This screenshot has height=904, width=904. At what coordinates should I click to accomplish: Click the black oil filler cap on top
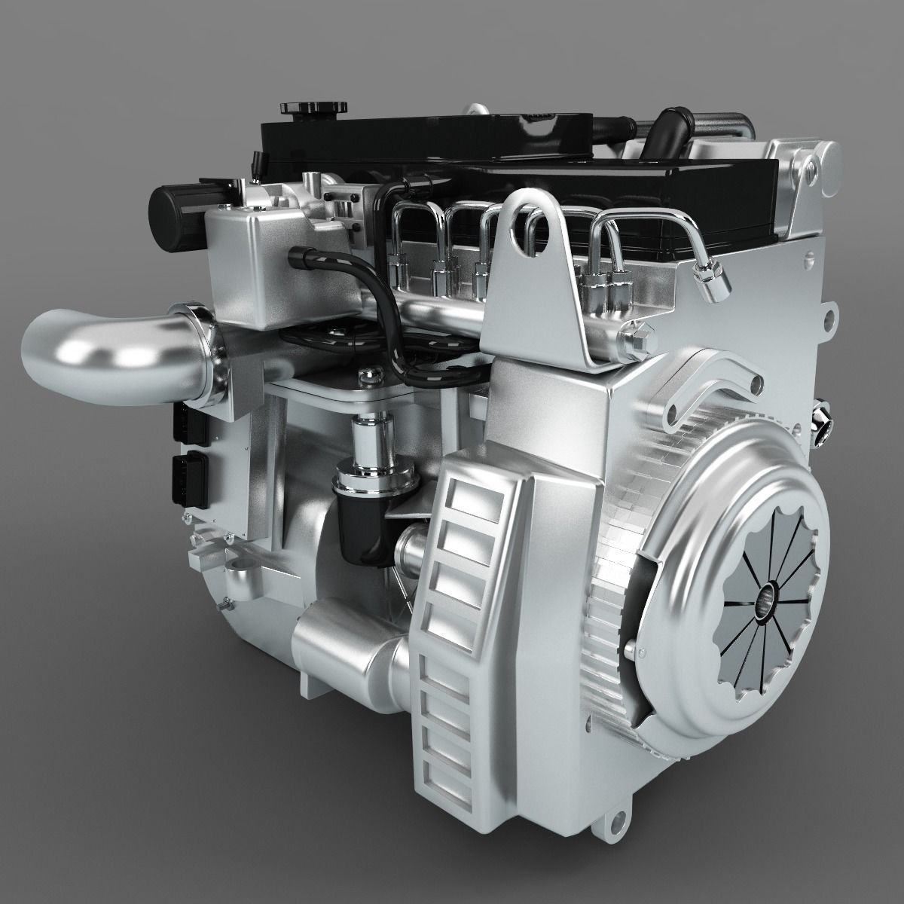click(x=298, y=108)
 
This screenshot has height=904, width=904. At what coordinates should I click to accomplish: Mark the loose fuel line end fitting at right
click(x=713, y=279)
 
